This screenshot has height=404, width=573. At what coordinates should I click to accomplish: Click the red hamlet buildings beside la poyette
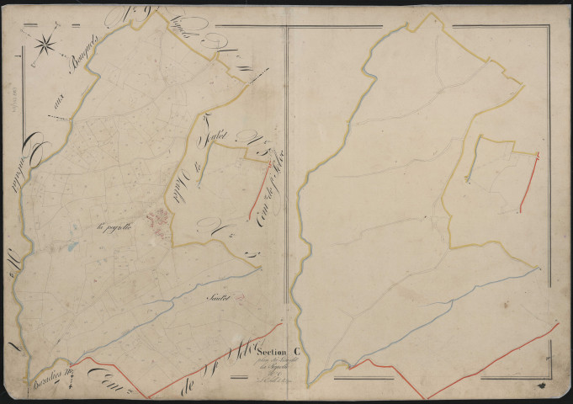158,221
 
